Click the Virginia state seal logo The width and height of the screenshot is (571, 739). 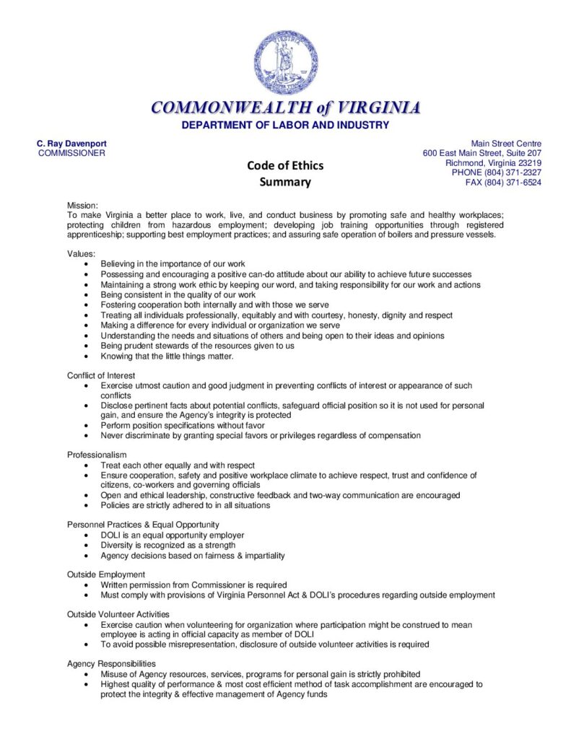285,64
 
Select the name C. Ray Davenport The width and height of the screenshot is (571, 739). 71,144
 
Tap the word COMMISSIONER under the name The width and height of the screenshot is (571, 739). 71,153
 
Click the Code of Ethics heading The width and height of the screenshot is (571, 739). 285,165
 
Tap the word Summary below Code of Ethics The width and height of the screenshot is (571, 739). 285,182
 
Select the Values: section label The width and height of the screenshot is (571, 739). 81,254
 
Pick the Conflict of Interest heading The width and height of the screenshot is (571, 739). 101,375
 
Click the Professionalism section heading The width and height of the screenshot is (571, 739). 97,455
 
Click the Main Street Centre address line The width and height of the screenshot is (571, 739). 506,144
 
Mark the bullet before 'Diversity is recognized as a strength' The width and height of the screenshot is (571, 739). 87,546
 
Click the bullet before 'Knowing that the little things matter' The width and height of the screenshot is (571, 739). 87,356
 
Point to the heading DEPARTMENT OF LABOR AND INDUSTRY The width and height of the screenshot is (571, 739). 285,125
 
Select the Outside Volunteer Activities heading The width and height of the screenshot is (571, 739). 118,614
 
